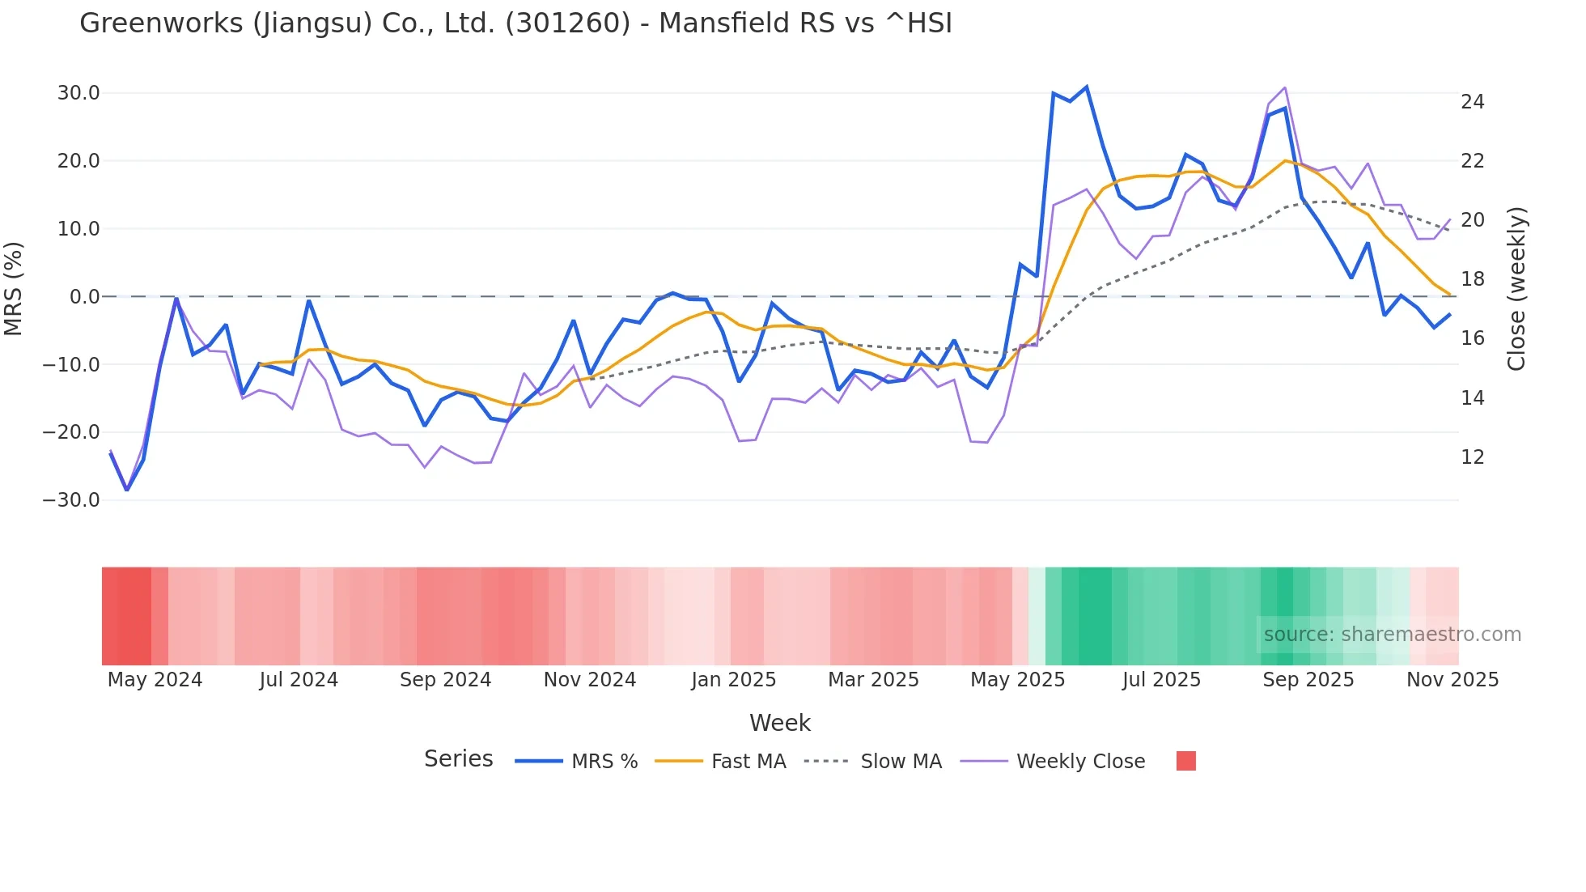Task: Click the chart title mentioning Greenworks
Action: [x=515, y=23]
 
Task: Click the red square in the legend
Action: [x=1185, y=761]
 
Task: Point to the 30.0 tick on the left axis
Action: [x=78, y=93]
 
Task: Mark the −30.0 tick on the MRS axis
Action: [x=72, y=500]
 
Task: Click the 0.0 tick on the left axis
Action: [x=85, y=297]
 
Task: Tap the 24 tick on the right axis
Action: [x=1473, y=102]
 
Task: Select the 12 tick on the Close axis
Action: [x=1473, y=457]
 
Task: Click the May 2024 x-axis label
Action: [x=155, y=680]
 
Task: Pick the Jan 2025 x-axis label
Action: [x=733, y=680]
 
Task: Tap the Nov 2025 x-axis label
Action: [x=1452, y=680]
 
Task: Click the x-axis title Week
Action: [x=779, y=723]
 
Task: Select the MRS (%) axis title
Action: [x=14, y=288]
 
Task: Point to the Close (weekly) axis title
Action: [x=1516, y=288]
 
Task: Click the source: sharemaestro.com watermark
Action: [x=1392, y=635]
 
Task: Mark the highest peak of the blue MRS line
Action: [x=1086, y=87]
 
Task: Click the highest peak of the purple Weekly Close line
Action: [x=1285, y=87]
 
